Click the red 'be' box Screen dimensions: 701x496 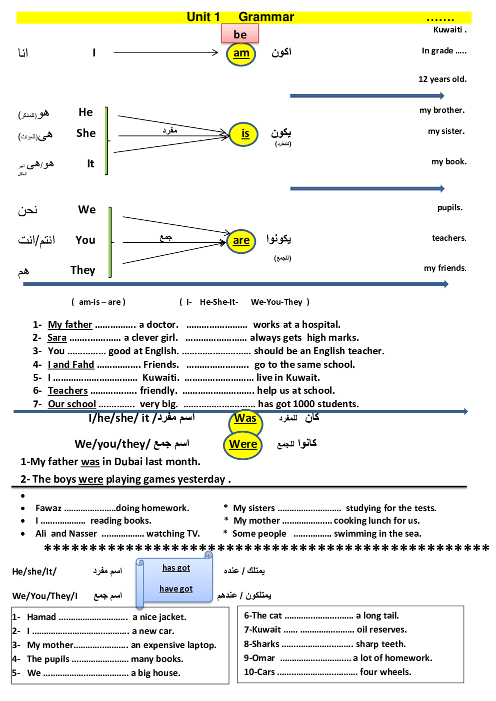(240, 34)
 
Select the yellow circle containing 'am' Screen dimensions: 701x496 (241, 53)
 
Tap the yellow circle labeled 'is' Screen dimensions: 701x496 (244, 134)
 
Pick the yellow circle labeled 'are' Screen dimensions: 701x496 (241, 241)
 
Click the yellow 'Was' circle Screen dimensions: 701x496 (245, 419)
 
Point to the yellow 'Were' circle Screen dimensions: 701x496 (243, 444)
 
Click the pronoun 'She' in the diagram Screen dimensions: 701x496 (86, 133)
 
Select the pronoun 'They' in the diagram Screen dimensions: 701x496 (82, 270)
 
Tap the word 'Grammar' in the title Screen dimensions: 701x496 (266, 17)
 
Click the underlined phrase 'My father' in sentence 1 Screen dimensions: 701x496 (70, 325)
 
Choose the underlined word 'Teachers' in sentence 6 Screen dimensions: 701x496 (68, 391)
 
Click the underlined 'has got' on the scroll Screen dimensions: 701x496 (176, 568)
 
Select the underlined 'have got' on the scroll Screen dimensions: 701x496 (176, 589)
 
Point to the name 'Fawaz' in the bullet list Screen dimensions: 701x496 (48, 508)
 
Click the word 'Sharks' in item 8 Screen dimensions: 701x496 (265, 644)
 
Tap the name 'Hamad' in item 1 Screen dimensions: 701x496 (41, 617)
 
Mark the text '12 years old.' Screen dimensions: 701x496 (442, 79)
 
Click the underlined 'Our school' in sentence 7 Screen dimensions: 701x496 (72, 404)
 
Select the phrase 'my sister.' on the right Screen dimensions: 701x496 (446, 131)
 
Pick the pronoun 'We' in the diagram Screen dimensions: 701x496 (86, 210)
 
